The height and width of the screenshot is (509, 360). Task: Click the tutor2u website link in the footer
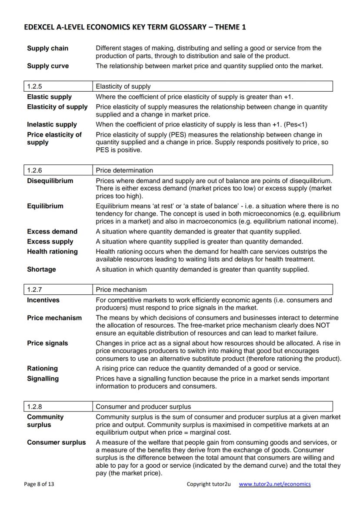point(275,484)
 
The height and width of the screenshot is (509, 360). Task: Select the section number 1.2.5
point(34,86)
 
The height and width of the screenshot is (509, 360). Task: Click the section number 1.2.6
point(34,170)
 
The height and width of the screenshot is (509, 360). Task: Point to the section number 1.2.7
point(34,289)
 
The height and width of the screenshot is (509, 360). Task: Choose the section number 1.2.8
point(34,407)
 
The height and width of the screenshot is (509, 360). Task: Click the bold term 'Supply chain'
point(47,48)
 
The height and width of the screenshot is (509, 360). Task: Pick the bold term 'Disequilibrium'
point(50,181)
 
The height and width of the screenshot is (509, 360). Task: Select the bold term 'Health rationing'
point(52,252)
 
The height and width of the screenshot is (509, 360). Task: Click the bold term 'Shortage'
point(41,269)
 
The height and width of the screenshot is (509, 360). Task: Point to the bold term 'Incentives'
point(43,300)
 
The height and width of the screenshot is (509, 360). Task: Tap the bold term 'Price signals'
point(47,343)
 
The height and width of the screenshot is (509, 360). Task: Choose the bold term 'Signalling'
point(43,379)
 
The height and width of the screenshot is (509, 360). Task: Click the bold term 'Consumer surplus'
point(56,442)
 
